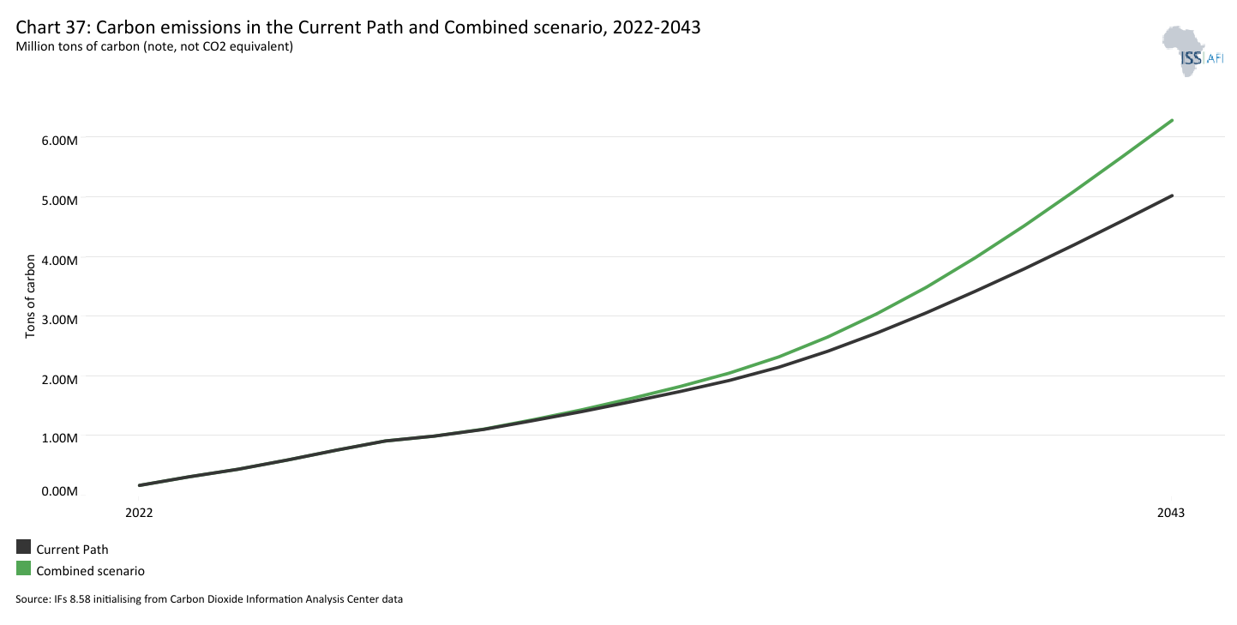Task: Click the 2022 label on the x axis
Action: (139, 513)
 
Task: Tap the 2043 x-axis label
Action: (1171, 513)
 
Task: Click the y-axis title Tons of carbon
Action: (30, 296)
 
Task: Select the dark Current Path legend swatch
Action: (23, 548)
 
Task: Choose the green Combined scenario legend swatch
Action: (23, 569)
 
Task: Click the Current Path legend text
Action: (72, 550)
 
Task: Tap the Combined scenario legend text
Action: (90, 571)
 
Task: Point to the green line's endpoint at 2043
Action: (1172, 120)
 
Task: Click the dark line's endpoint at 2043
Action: (1172, 195)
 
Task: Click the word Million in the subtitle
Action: (35, 46)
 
